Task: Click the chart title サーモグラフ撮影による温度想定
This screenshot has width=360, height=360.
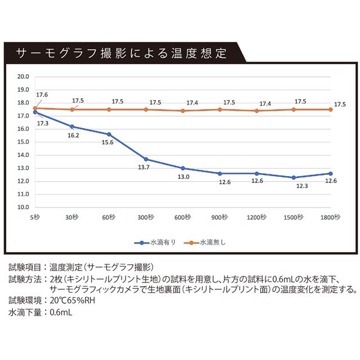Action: point(121,54)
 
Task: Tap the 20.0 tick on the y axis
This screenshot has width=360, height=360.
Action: point(23,76)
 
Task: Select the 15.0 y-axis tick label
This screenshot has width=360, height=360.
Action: point(23,142)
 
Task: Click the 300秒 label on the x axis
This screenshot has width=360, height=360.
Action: point(146,217)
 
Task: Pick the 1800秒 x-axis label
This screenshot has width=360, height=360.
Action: point(330,217)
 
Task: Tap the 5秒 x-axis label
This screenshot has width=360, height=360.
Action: point(35,217)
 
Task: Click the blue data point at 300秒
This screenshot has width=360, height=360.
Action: point(146,159)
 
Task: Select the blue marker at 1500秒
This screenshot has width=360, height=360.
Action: point(294,178)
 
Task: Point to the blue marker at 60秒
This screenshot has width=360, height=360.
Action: point(109,134)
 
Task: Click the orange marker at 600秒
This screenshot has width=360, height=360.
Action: point(183,111)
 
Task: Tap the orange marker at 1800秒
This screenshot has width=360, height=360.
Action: point(331,109)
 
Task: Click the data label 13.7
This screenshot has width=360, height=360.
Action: point(145,168)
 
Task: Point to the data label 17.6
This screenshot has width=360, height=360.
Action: point(42,94)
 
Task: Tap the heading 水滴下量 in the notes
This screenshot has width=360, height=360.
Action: point(25,312)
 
